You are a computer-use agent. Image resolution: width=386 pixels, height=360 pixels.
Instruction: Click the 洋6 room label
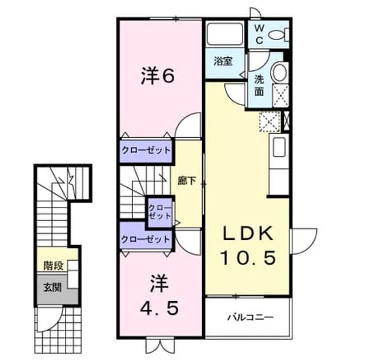coord(158,76)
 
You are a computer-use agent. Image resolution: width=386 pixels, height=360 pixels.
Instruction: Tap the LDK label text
coord(248,233)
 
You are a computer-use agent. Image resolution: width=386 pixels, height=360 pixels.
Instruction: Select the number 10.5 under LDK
coord(248,258)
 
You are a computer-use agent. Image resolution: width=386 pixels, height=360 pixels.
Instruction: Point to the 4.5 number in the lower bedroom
coord(159,309)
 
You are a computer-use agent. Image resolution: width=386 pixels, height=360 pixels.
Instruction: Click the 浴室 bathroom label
coord(223,61)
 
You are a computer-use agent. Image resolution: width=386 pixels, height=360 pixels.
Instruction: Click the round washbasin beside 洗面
coord(279,72)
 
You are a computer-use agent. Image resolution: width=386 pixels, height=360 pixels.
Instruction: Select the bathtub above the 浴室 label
coord(225,34)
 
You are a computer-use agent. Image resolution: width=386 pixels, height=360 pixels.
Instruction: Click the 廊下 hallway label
coord(187,181)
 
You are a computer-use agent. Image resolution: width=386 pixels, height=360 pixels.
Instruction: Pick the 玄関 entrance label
coord(53,287)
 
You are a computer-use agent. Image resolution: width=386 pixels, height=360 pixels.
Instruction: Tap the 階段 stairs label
coord(54,266)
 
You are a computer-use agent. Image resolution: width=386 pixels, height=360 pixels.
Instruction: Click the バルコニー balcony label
coord(250,317)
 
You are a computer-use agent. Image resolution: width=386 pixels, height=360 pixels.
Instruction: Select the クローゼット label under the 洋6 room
coord(146,150)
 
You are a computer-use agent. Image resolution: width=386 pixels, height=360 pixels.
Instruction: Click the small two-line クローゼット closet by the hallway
coord(160,212)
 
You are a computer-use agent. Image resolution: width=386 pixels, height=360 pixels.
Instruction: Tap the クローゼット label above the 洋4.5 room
coord(146,239)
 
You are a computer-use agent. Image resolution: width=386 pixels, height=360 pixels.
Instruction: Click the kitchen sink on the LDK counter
coord(279,147)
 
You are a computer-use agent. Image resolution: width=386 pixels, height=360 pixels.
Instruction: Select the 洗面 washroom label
coord(259,86)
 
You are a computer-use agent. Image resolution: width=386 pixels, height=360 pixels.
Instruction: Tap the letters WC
coord(259,34)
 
